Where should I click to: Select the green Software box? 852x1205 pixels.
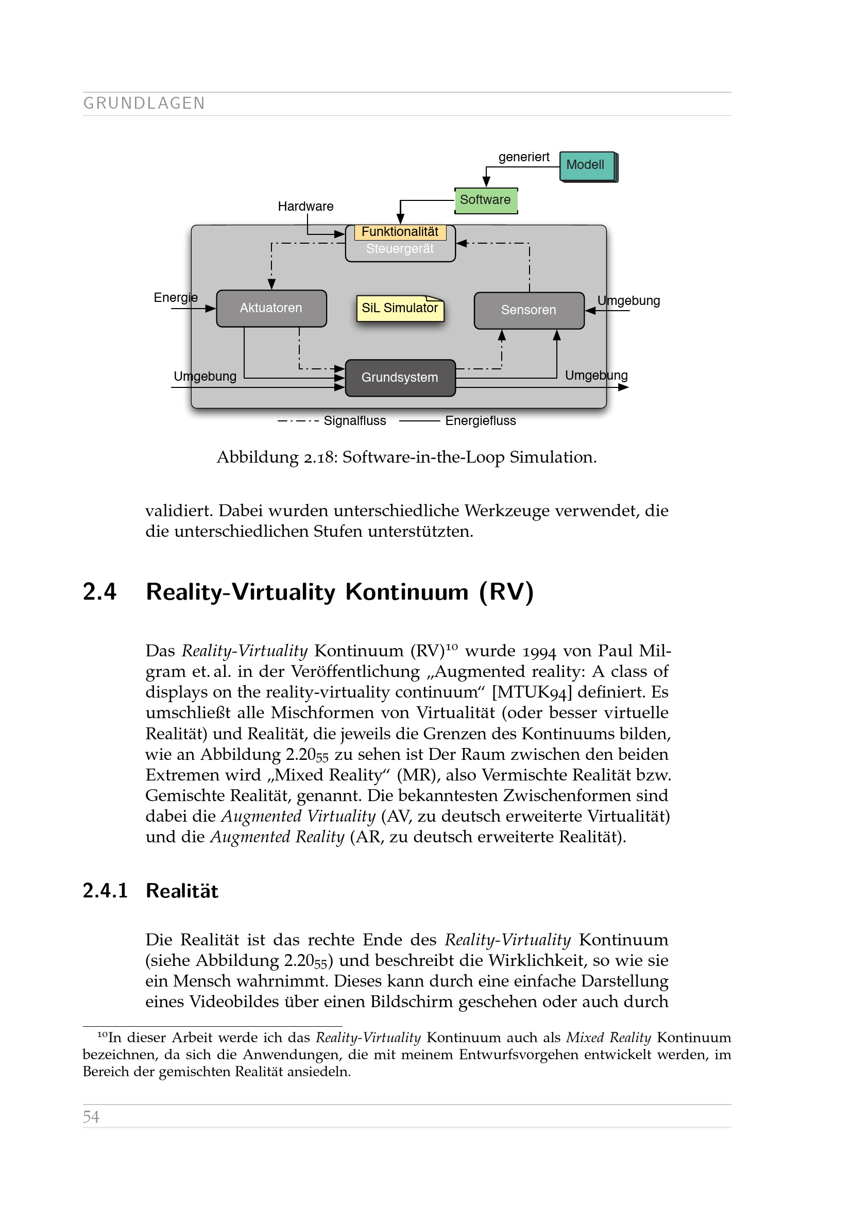pyautogui.click(x=485, y=200)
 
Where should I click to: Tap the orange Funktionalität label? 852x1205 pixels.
pyautogui.click(x=400, y=232)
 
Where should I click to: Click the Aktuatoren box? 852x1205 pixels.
pyautogui.click(x=271, y=308)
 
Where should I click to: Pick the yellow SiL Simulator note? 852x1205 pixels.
pyautogui.click(x=400, y=308)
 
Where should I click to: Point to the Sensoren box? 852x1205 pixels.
pyautogui.click(x=529, y=310)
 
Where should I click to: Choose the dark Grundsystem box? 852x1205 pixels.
pyautogui.click(x=400, y=377)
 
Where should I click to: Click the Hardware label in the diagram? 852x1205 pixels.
pyautogui.click(x=305, y=206)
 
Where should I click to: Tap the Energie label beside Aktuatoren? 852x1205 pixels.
pyautogui.click(x=175, y=298)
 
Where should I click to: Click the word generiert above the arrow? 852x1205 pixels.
pyautogui.click(x=523, y=157)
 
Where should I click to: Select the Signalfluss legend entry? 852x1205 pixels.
pyautogui.click(x=354, y=421)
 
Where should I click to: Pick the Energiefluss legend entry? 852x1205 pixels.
pyautogui.click(x=480, y=421)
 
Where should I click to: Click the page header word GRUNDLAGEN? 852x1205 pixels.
pyautogui.click(x=144, y=104)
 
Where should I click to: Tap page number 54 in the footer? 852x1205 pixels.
pyautogui.click(x=91, y=1117)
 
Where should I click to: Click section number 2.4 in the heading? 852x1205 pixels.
pyautogui.click(x=100, y=592)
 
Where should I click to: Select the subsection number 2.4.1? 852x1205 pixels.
pyautogui.click(x=106, y=891)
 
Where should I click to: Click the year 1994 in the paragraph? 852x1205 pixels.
pyautogui.click(x=539, y=651)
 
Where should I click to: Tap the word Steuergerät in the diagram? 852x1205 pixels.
pyautogui.click(x=400, y=249)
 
